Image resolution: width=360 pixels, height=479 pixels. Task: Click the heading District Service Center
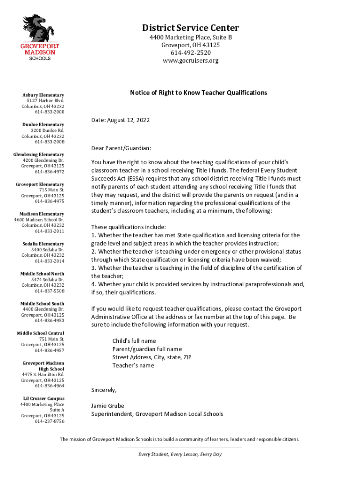coord(190,28)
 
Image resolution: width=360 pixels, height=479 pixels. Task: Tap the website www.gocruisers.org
coord(190,61)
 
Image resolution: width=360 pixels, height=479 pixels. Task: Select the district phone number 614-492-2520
coord(190,53)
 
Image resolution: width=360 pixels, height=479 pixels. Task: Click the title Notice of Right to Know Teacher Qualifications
coord(198,93)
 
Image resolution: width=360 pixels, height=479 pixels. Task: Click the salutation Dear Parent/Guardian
coord(121,148)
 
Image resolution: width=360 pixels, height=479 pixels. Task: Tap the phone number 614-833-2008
coord(49,142)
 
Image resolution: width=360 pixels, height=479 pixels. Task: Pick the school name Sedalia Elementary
coord(43,244)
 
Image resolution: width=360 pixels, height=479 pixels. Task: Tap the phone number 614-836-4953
coord(49,320)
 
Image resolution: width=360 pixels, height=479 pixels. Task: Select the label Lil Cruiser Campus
coord(44,399)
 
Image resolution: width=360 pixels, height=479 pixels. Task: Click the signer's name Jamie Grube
coord(108,406)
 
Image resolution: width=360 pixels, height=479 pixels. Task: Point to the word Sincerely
coord(103,390)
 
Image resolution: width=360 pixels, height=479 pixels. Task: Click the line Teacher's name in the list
coord(133,365)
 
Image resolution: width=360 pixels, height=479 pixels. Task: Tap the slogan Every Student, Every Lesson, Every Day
coord(180,454)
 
